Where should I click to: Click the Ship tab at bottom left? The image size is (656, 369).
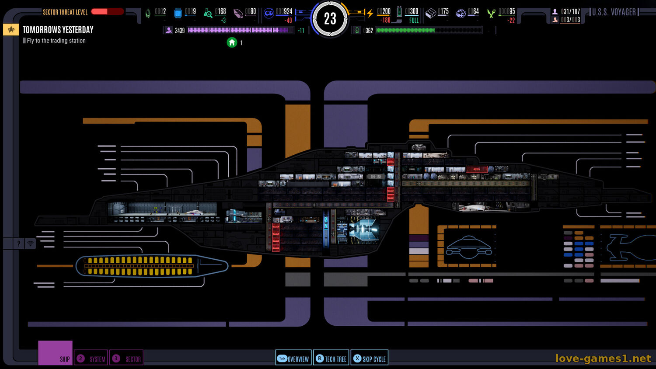pyautogui.click(x=55, y=353)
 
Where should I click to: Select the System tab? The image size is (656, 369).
pyautogui.click(x=91, y=359)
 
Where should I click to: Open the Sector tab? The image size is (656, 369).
pyautogui.click(x=126, y=359)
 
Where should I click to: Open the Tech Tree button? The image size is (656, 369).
pyautogui.click(x=331, y=359)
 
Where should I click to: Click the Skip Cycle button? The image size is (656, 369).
pyautogui.click(x=370, y=359)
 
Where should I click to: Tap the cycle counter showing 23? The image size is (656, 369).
pyautogui.click(x=330, y=19)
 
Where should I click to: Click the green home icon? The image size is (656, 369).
pyautogui.click(x=232, y=42)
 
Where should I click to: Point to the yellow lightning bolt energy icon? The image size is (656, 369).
pyautogui.click(x=370, y=13)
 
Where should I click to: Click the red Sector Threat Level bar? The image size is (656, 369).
pyautogui.click(x=107, y=11)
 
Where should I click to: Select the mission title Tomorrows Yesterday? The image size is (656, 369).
pyautogui.click(x=58, y=30)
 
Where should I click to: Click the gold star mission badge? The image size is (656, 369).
pyautogui.click(x=11, y=30)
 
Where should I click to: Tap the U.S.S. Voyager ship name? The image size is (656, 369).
pyautogui.click(x=614, y=12)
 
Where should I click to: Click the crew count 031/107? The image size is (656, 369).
pyautogui.click(x=570, y=11)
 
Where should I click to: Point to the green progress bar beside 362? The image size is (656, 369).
pyautogui.click(x=428, y=31)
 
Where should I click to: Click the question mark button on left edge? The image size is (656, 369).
pyautogui.click(x=18, y=244)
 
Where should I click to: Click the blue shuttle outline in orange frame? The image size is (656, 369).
pyautogui.click(x=468, y=247)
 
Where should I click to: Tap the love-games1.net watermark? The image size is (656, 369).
pyautogui.click(x=603, y=359)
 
